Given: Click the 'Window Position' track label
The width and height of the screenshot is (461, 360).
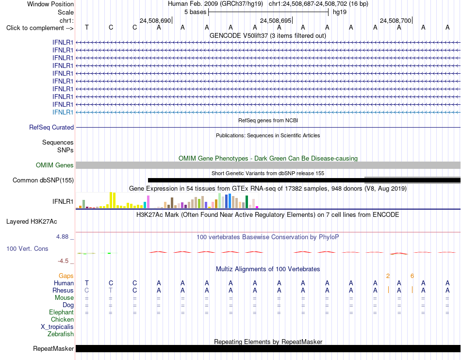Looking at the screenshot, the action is point(50,4).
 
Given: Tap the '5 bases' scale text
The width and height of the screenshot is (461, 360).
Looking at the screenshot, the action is point(195,12).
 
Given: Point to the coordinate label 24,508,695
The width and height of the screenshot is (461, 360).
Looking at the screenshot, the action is point(276,20).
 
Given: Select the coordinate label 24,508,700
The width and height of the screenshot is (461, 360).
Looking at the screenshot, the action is point(395,20).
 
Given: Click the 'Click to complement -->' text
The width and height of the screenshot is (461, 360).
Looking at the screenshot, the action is point(40,28).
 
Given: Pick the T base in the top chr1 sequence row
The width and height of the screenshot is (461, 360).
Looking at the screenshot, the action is point(87,27).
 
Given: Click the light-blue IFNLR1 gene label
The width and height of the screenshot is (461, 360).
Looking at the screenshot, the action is point(63,112).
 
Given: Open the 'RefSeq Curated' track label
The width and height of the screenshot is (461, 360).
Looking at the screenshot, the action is point(51,127).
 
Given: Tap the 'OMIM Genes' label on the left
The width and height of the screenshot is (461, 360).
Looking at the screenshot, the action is point(55,165).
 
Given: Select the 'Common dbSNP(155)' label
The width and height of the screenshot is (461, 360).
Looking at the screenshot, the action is point(43,180).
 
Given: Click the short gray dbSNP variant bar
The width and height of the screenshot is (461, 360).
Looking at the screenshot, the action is point(412,180).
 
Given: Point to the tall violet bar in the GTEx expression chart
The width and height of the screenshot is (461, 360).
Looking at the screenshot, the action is point(148,202).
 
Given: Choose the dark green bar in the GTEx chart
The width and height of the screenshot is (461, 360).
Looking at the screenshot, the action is point(247,202).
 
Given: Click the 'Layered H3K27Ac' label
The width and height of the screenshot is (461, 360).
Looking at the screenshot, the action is point(32,222).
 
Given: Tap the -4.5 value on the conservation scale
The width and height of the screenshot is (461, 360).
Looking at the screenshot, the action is point(63,261).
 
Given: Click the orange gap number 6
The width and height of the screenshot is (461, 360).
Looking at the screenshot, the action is point(412,276).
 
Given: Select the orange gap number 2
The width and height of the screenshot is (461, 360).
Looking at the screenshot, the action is point(388,276).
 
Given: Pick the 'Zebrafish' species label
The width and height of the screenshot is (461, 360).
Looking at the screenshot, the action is point(61,334).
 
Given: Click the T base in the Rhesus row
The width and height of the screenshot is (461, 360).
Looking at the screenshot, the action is point(111,290).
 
